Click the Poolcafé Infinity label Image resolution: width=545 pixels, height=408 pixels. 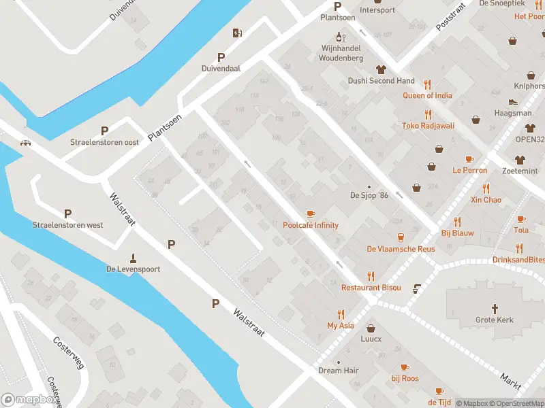tap(311, 225)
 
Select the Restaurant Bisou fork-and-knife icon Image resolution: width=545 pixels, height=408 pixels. tap(371, 276)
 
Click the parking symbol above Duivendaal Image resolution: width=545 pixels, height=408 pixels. tap(221, 57)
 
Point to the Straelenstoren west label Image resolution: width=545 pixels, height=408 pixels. tap(67, 224)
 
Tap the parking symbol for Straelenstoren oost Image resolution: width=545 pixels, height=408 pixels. tap(104, 131)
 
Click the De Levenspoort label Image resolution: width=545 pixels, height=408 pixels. tap(133, 269)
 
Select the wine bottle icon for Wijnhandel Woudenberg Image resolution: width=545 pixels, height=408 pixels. tap(339, 36)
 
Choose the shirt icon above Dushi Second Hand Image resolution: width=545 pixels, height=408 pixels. tap(381, 69)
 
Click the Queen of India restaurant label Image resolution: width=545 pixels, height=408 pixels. tap(427, 96)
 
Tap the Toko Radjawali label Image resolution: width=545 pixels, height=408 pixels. tap(428, 126)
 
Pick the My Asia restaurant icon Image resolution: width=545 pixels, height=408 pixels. tap(341, 314)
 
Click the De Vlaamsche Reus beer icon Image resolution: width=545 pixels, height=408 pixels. tap(400, 237)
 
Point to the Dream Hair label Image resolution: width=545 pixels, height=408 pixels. tap(339, 371)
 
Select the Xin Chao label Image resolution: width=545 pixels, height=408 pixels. tap(486, 200)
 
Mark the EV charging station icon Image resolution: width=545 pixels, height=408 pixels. tap(237, 33)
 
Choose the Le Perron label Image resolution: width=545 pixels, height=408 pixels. tap(470, 170)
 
